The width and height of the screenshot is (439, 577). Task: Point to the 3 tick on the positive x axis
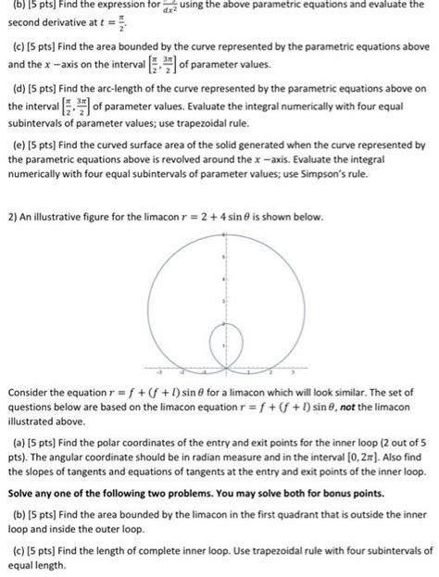pyautogui.click(x=294, y=363)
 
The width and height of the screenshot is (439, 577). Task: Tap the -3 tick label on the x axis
pyautogui.click(x=145, y=368)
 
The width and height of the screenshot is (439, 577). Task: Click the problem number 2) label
pyautogui.click(x=12, y=217)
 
